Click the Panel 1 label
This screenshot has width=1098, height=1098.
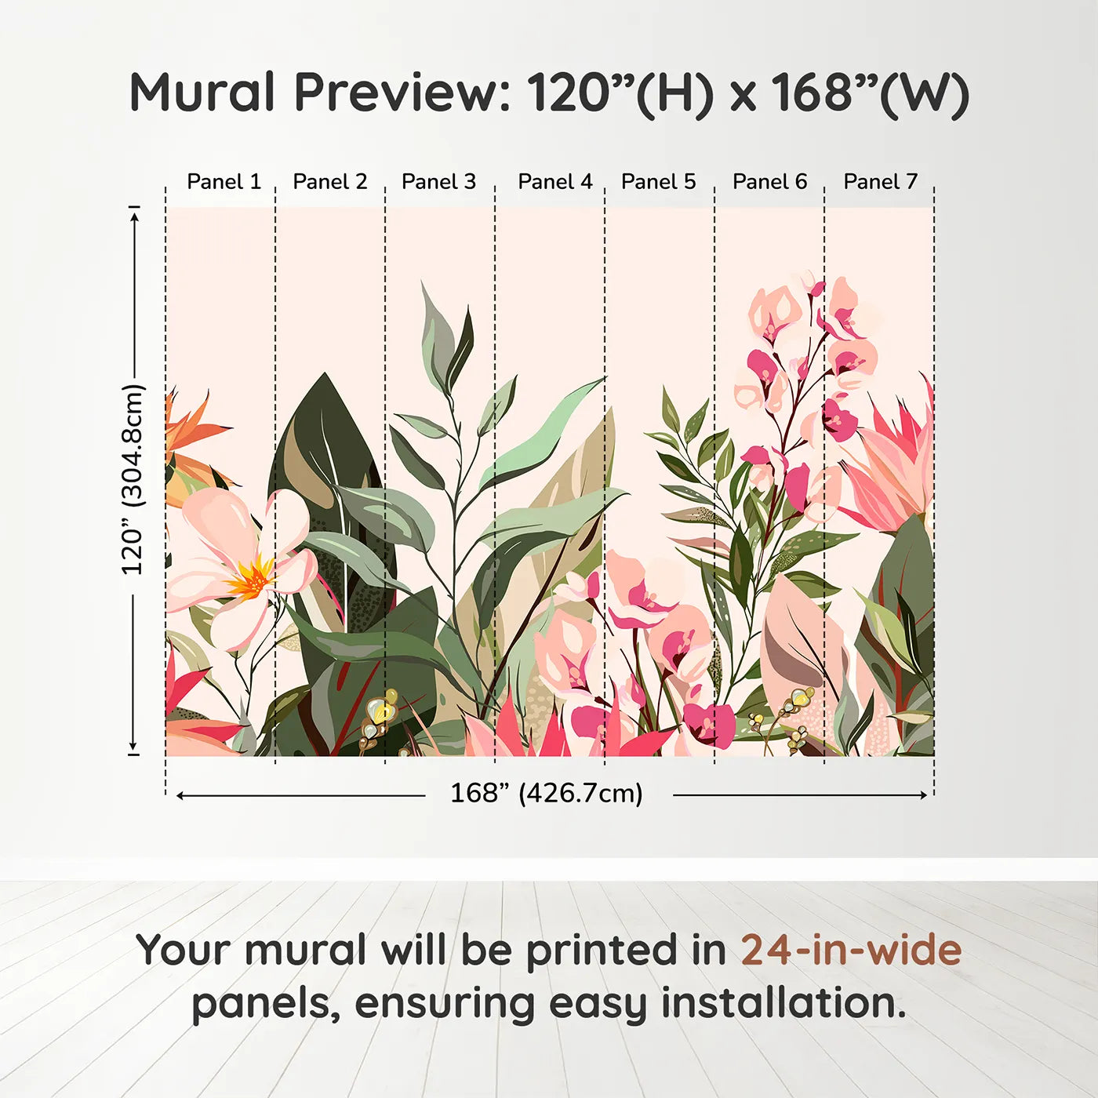224,182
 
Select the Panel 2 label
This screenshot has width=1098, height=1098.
329,182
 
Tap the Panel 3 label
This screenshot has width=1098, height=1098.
438,182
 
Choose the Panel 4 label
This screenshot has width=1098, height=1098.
554,182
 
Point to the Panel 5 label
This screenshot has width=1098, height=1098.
658,182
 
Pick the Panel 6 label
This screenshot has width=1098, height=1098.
769,182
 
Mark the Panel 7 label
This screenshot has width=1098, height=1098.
880,182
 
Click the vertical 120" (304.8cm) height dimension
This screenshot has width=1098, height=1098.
133,480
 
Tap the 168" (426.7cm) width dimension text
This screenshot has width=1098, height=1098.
546,794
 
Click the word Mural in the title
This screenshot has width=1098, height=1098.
202,93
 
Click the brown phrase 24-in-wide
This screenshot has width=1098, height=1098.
851,951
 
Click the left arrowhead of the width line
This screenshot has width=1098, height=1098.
180,795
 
